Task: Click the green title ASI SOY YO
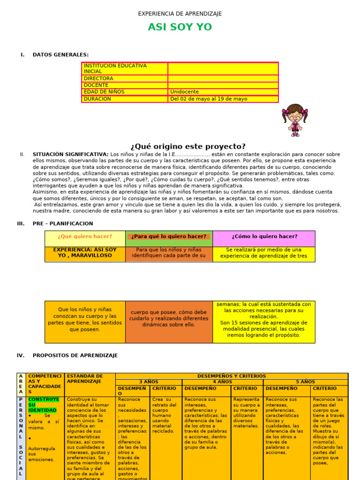(180, 27)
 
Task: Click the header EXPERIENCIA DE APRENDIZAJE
(180, 14)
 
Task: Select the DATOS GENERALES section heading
(60, 55)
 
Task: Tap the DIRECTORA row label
(98, 78)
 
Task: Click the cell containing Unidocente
(185, 92)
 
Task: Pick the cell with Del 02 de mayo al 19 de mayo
(209, 99)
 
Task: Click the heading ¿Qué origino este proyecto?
(180, 146)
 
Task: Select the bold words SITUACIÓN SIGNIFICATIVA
(70, 154)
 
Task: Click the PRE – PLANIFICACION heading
(63, 224)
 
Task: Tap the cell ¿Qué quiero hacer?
(85, 236)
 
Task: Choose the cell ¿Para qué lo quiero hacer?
(169, 237)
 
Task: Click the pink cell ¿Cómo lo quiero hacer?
(264, 236)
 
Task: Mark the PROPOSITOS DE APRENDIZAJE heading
(75, 355)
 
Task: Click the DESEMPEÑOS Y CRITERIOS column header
(232, 376)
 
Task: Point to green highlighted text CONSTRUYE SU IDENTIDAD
(43, 405)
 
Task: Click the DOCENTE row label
(96, 85)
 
